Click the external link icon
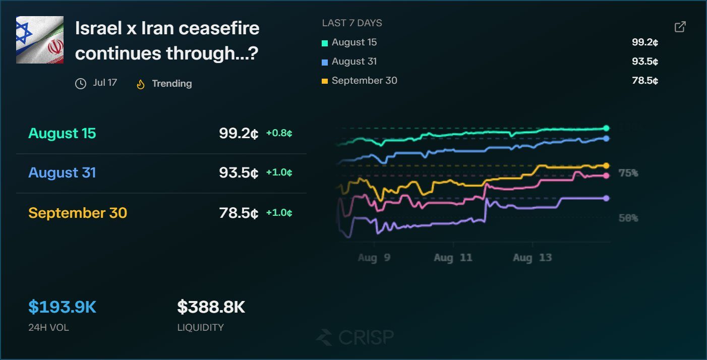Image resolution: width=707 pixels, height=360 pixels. tap(680, 27)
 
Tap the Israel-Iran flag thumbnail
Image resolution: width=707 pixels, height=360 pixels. tap(40, 40)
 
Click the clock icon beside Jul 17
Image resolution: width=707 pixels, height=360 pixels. tap(81, 84)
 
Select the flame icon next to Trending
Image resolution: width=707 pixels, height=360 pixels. tap(141, 84)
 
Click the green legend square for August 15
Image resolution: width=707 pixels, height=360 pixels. tap(324, 43)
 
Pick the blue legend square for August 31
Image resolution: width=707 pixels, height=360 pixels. tap(324, 63)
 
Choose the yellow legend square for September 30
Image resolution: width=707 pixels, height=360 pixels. tap(324, 81)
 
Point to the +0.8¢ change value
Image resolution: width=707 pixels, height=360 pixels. tap(279, 133)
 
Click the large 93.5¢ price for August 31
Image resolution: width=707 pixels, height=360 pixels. tap(239, 173)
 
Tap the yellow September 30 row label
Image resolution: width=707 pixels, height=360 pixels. tap(78, 213)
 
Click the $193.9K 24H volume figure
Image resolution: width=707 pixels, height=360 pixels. tap(62, 307)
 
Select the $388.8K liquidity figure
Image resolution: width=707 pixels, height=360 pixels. tap(211, 307)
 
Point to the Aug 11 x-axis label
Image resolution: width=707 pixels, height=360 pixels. tap(453, 258)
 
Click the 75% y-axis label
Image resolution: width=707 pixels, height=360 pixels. tap(628, 173)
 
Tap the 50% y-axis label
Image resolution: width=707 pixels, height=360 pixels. tap(628, 218)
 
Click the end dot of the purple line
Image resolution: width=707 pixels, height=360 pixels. tap(606, 198)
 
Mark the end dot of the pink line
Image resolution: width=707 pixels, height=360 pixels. tap(606, 176)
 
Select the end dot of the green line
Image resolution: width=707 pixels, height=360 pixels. tap(606, 128)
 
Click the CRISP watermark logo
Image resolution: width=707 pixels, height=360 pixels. tap(356, 337)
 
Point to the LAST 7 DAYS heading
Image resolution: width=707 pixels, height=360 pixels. tap(352, 23)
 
